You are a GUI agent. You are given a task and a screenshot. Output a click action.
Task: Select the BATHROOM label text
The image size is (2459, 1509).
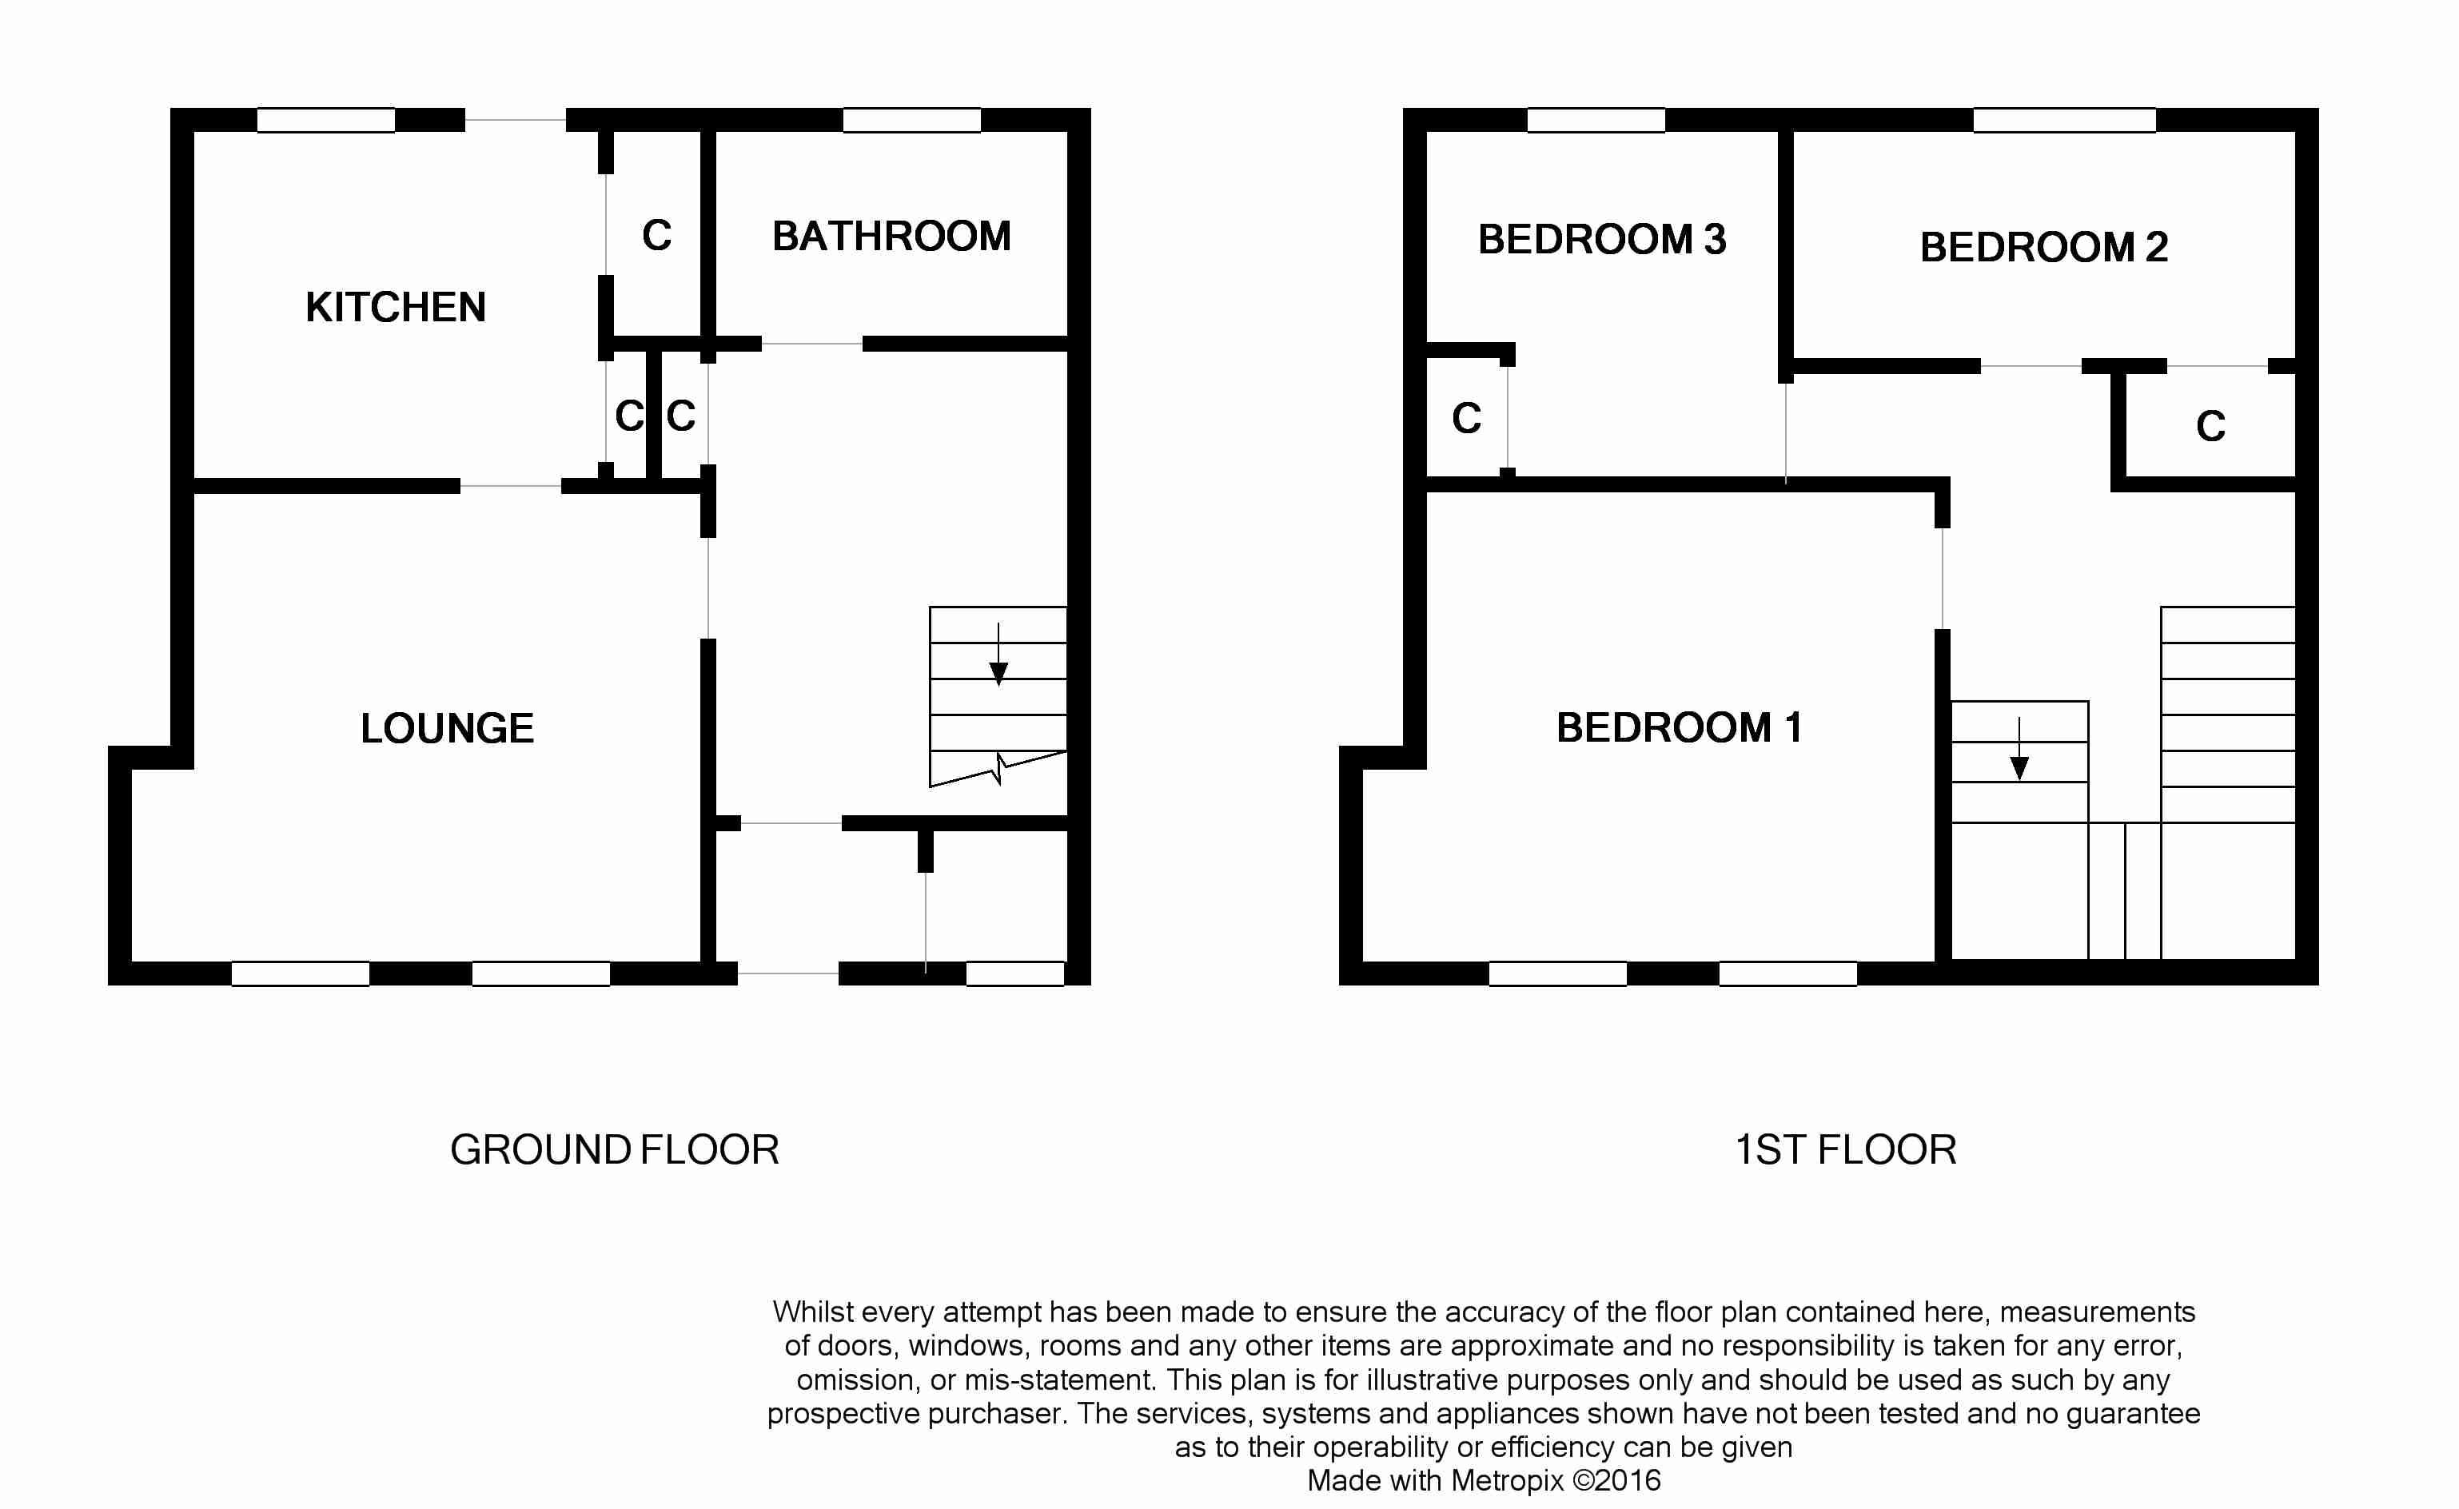891,237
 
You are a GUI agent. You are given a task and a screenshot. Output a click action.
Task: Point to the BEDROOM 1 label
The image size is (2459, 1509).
1680,727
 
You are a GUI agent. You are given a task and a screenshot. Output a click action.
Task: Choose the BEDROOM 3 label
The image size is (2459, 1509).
1602,240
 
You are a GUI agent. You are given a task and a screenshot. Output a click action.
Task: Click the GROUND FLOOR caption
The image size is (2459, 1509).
615,1149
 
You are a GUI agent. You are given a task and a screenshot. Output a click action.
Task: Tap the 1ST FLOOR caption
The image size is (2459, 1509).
1845,1149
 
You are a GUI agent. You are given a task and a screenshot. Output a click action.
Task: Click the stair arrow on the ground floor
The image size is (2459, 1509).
998,654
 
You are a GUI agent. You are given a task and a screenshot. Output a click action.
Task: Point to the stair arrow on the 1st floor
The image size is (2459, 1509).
2019,749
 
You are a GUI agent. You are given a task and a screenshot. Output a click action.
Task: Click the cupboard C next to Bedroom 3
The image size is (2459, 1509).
1466,418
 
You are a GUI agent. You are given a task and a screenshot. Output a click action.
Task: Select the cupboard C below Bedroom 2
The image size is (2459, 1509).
2210,426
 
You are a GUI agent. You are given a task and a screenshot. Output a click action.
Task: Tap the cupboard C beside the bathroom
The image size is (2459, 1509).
656,236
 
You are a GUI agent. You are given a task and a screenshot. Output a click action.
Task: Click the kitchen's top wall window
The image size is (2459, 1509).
326,121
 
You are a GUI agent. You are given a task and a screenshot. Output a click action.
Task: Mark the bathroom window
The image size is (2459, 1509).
912,121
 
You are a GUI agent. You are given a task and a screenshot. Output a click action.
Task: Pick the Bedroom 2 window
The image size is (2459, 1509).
2065,121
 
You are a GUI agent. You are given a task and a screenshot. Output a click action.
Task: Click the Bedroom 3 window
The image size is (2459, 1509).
1596,121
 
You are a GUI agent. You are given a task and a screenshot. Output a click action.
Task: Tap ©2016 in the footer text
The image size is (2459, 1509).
1616,1480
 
